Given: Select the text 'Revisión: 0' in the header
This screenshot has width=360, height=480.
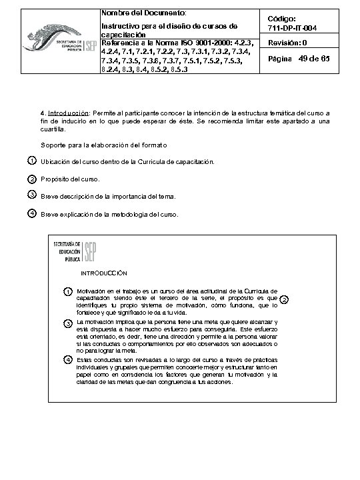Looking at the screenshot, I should (x=289, y=43).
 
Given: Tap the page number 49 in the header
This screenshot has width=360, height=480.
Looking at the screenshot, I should (x=307, y=59).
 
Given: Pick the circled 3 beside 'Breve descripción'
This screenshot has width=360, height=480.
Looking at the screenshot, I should (x=32, y=195).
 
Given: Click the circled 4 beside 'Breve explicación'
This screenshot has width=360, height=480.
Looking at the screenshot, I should (x=32, y=213).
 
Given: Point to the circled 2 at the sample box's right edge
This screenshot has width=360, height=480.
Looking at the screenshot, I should (x=283, y=300).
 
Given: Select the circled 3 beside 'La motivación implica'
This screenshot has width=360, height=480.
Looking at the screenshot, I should (x=68, y=323).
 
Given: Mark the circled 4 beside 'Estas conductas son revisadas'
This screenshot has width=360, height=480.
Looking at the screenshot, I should (x=68, y=360).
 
